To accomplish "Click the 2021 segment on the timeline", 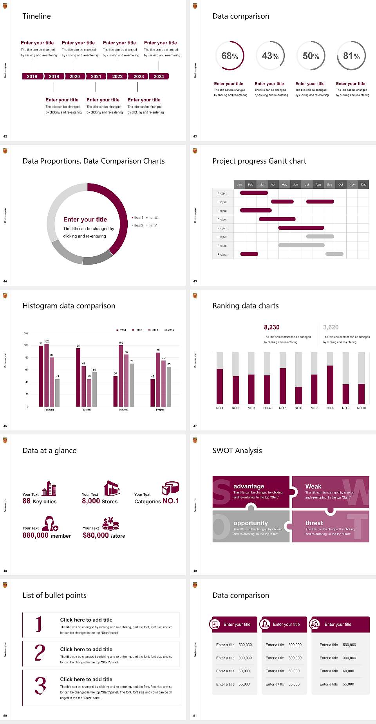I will [x=96, y=76].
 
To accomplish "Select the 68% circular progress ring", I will [x=230, y=56].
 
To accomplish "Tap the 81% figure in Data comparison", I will [x=351, y=56].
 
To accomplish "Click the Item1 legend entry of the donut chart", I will [x=138, y=218].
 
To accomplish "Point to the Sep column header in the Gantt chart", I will [x=329, y=184].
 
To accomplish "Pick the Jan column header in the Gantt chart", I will [x=239, y=184].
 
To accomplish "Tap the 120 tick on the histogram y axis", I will [x=26, y=333].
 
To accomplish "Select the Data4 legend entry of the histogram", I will [x=169, y=330].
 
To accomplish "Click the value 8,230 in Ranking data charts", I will [x=272, y=327].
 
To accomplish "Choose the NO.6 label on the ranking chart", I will [x=298, y=408].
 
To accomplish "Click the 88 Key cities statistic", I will [x=40, y=501].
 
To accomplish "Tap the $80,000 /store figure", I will [x=104, y=535].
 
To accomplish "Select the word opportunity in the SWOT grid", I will [x=251, y=523].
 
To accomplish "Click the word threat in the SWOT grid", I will [x=314, y=523].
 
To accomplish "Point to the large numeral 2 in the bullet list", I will [x=40, y=653].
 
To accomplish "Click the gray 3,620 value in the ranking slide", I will [x=331, y=327].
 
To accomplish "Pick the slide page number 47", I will [x=195, y=426].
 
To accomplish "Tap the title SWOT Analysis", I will [x=237, y=450].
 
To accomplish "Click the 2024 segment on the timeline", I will [x=159, y=76].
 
